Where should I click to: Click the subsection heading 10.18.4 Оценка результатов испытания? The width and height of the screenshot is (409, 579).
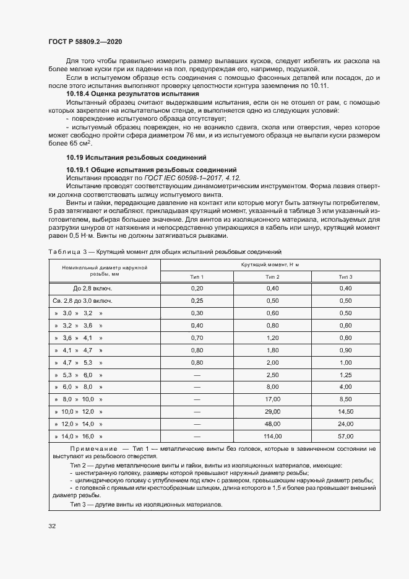[x=132, y=93]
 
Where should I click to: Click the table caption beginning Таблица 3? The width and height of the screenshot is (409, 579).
[x=165, y=251]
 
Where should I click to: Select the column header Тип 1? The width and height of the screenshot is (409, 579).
[x=197, y=276]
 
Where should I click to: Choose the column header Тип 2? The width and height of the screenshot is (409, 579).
[x=272, y=276]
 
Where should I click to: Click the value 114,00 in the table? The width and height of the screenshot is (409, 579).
[x=272, y=436]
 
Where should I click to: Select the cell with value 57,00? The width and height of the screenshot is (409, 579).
[x=345, y=436]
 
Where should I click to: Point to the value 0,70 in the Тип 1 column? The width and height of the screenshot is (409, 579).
[x=197, y=337]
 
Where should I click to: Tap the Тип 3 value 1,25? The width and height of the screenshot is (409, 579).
[x=345, y=375]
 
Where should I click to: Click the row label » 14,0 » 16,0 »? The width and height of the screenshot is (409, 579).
[x=78, y=436]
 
